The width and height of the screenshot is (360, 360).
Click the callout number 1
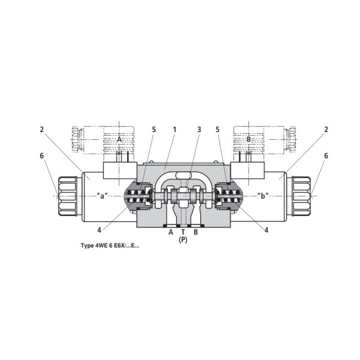coord(175,130)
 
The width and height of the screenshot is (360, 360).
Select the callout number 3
coord(199,130)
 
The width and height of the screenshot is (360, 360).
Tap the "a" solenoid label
coord(102,196)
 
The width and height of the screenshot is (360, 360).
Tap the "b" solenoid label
coord(263,196)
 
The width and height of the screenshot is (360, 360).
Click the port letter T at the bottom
coord(183,232)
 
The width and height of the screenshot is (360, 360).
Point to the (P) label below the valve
coord(183,240)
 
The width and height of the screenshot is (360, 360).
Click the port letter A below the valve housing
coord(170,232)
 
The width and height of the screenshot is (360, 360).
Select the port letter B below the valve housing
coord(196,232)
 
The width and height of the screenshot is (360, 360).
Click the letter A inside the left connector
coord(119,139)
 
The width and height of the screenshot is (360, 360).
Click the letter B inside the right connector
coord(248,139)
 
